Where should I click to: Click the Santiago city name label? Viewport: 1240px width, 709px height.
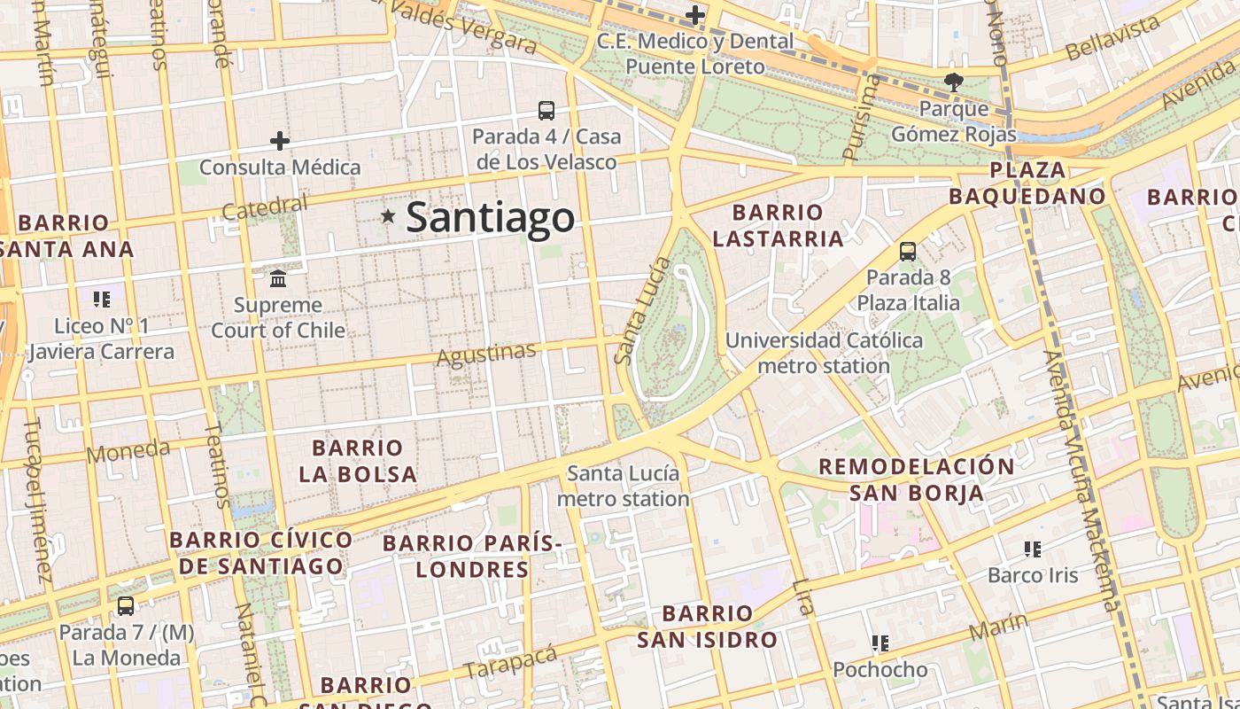(x=490, y=218)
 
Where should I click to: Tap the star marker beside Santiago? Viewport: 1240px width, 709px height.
(x=387, y=215)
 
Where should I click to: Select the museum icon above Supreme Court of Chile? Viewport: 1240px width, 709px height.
(x=278, y=278)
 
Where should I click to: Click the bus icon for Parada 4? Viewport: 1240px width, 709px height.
(x=546, y=111)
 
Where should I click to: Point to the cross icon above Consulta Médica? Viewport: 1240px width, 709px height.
(x=280, y=140)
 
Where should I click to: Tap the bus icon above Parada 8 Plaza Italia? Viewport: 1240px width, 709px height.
(x=908, y=251)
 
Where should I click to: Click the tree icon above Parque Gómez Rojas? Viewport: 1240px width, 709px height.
(x=954, y=82)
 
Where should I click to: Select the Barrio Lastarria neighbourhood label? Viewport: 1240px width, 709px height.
(x=778, y=225)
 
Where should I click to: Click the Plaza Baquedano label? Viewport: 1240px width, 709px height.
(x=1027, y=183)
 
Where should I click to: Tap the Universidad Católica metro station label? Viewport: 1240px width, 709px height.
(x=825, y=353)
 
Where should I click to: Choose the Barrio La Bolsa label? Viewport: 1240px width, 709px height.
(x=358, y=461)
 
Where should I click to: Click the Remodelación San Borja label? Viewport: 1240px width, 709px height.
(x=917, y=479)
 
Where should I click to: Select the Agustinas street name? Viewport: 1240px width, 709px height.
(x=486, y=354)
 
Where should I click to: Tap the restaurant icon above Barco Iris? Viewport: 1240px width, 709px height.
(x=1032, y=549)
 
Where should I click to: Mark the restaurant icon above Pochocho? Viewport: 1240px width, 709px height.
(x=880, y=643)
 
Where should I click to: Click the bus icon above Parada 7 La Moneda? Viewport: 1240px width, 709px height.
(x=126, y=606)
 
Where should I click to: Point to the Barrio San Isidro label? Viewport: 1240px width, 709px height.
(x=708, y=626)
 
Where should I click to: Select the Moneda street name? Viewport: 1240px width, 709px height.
(x=128, y=451)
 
